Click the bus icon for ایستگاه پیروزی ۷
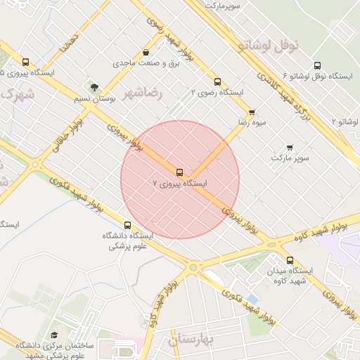pos(180,172)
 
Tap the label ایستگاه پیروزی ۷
pos(181,184)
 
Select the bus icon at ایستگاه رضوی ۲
pos(217,81)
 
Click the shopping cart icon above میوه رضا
pos(252,112)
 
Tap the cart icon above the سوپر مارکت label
pos(290,148)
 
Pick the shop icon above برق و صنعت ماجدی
pos(146,52)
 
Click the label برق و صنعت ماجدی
pos(146,63)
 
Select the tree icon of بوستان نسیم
pos(94,88)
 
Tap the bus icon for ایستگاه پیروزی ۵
pos(26,62)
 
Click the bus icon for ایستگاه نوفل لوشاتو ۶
pos(317,65)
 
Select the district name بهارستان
pos(195,341)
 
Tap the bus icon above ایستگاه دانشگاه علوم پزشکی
pos(127,225)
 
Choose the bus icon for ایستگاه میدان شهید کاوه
pos(290,260)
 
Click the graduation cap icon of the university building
pos(54,335)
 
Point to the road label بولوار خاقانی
pos(67,134)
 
